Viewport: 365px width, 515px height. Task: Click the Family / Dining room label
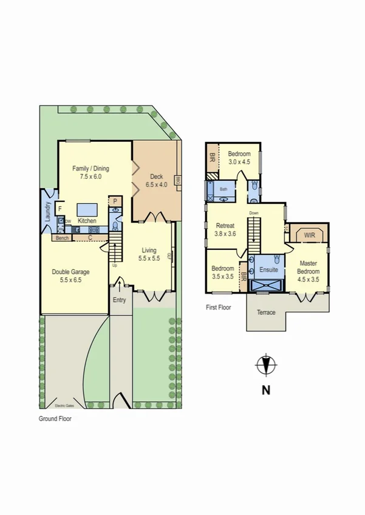click(x=90, y=172)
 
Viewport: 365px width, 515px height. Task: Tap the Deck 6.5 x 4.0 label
click(x=155, y=180)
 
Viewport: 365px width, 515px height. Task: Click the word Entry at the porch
click(x=120, y=300)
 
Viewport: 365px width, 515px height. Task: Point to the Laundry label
click(x=47, y=212)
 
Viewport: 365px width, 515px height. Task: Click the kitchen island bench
click(x=87, y=210)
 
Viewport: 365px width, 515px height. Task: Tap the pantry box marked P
click(x=115, y=201)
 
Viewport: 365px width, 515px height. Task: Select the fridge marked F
click(x=60, y=209)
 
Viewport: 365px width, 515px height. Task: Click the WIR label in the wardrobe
click(x=309, y=234)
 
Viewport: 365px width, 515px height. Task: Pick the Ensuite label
click(x=268, y=269)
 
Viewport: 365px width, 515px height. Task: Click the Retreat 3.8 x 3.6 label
click(x=225, y=229)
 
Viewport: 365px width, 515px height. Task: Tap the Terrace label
click(x=266, y=312)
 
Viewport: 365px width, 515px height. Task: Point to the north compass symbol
click(x=265, y=365)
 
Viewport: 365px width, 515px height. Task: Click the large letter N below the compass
click(x=265, y=391)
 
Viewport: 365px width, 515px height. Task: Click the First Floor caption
click(x=218, y=308)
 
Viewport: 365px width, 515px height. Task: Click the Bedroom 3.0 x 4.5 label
click(x=239, y=158)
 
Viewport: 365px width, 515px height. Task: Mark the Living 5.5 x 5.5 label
click(x=149, y=254)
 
